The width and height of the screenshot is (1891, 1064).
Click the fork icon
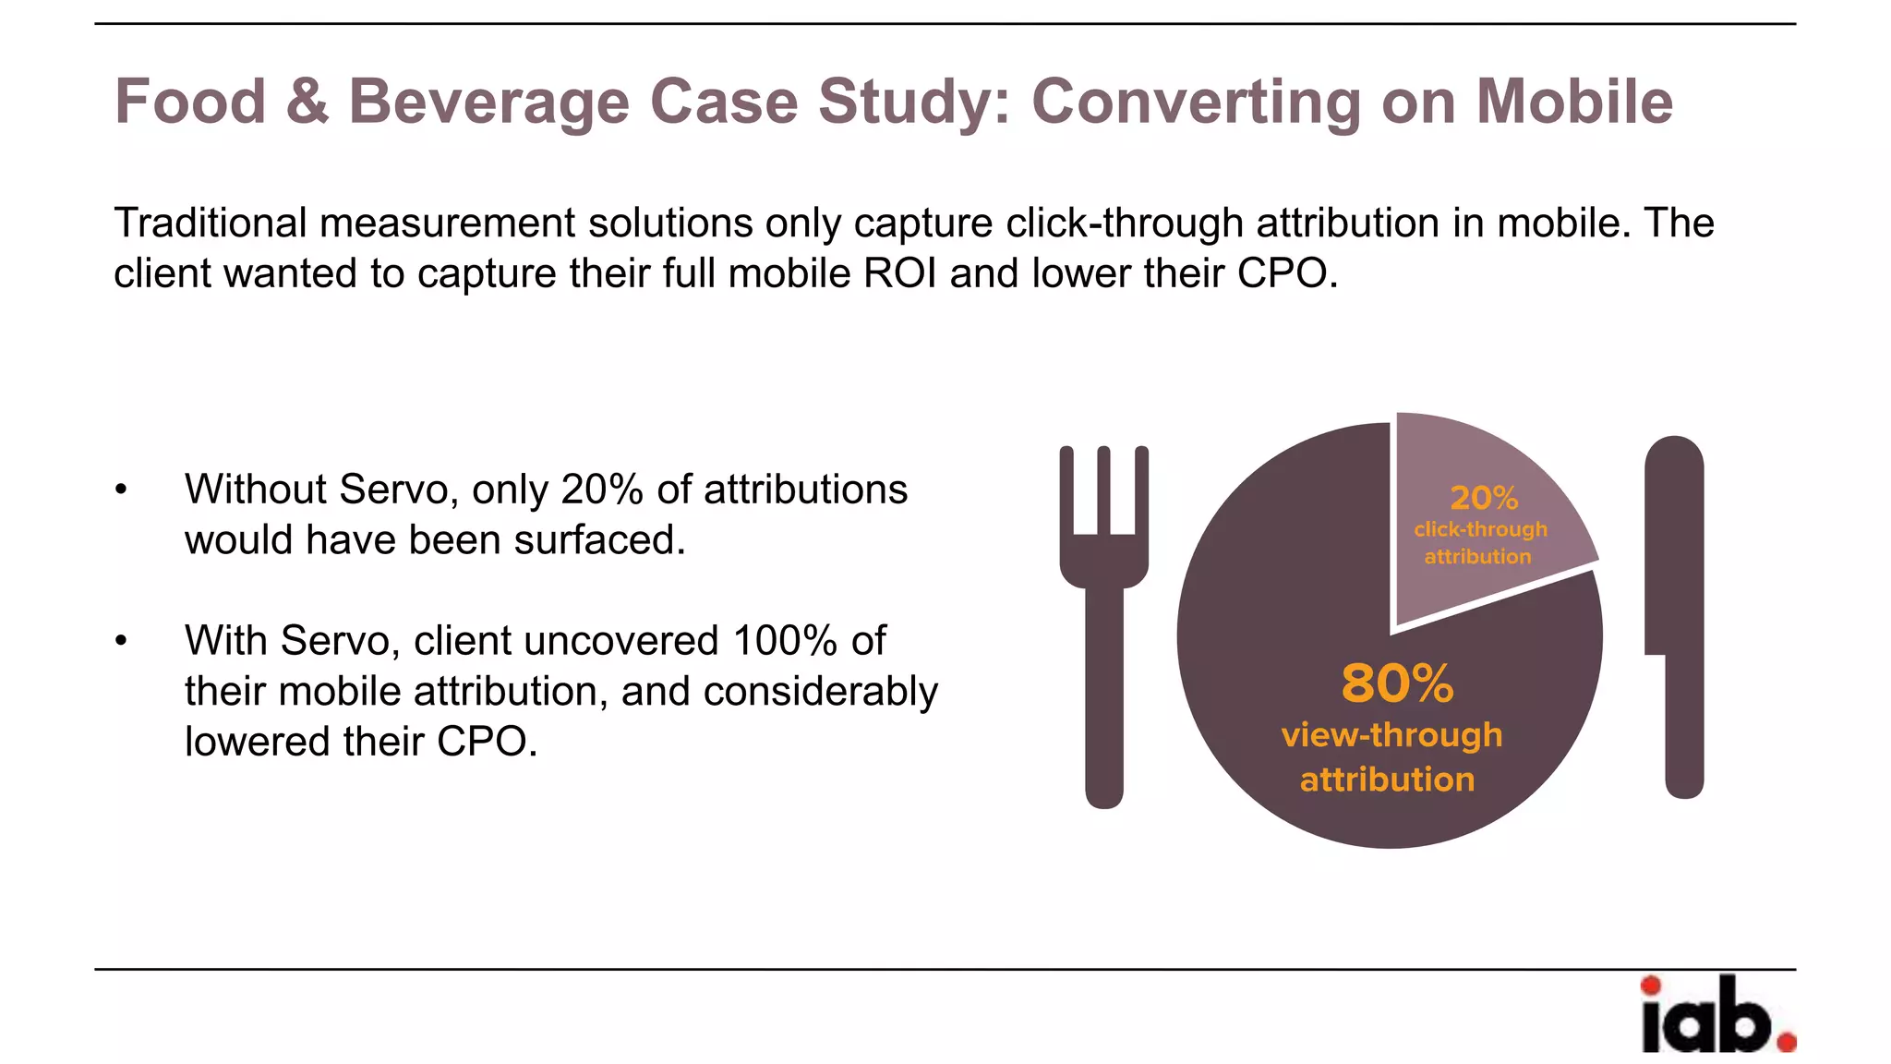tap(1104, 628)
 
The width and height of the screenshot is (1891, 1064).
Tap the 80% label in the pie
tap(1397, 684)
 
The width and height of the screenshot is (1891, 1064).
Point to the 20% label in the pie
tap(1484, 499)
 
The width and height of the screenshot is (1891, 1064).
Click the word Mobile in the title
tap(1574, 102)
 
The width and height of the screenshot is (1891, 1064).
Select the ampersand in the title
tap(307, 102)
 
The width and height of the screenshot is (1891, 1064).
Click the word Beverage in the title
tap(488, 103)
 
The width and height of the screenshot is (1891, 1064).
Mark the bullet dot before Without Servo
tap(121, 490)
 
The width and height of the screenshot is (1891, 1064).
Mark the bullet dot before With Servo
tap(121, 641)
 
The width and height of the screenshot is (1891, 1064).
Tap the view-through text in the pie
tap(1391, 735)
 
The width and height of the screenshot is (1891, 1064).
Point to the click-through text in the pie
tap(1480, 529)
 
